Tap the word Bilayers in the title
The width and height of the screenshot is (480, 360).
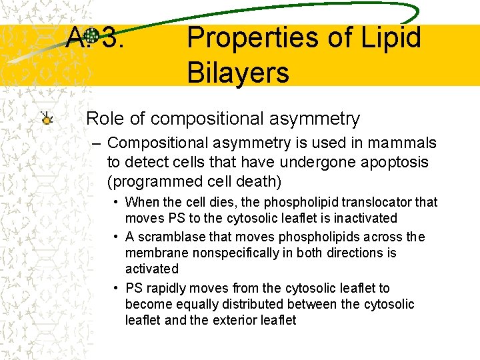[238, 72]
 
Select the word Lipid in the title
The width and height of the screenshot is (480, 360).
[391, 38]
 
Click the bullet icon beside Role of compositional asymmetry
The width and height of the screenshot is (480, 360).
[47, 119]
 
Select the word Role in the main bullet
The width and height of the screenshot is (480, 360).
[103, 119]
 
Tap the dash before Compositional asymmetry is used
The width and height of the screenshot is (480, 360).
[98, 143]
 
